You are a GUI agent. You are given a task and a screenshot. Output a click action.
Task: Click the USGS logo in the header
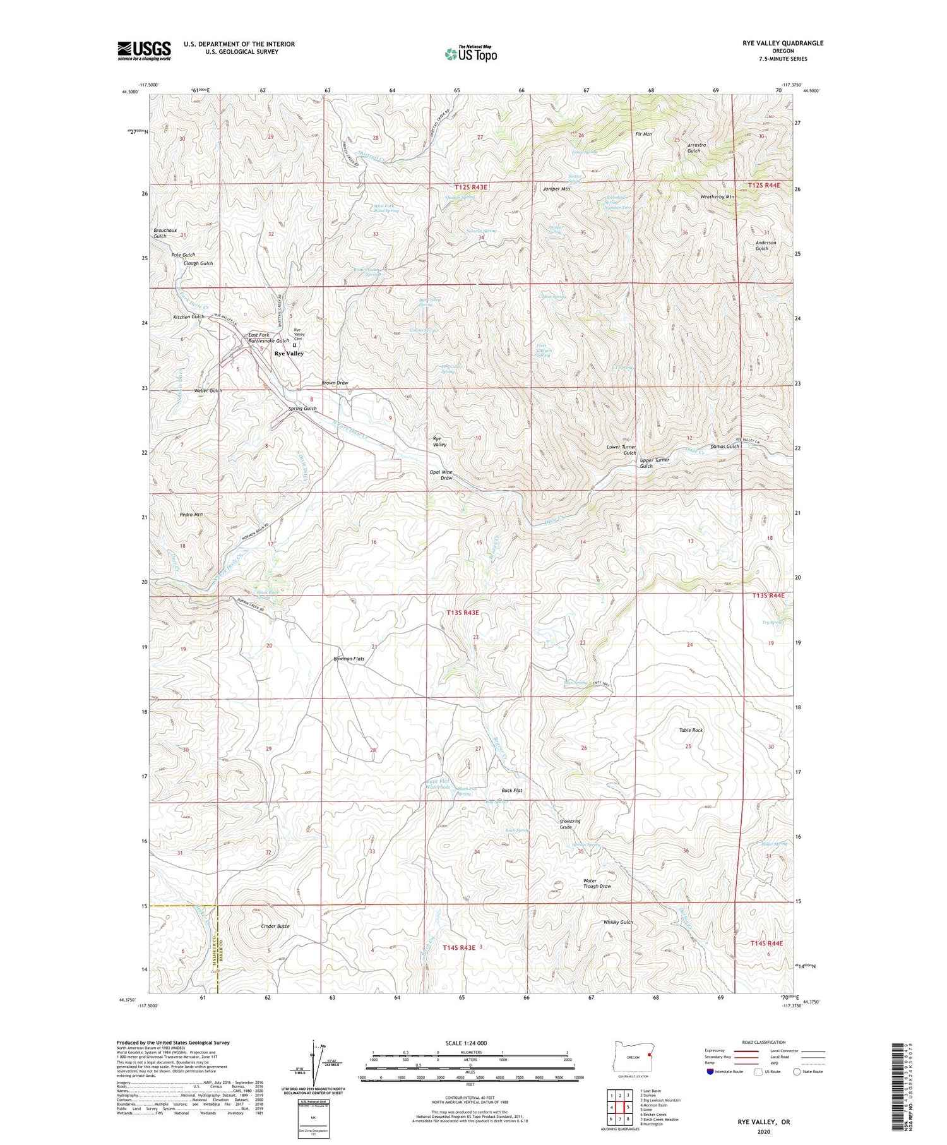[144, 51]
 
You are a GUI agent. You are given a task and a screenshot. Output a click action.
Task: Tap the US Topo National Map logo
[470, 54]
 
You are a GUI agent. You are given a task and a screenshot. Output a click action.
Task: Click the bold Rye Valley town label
[289, 354]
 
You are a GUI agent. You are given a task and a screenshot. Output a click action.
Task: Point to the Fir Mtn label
[643, 134]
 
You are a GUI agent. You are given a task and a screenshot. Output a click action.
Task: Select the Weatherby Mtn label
[717, 197]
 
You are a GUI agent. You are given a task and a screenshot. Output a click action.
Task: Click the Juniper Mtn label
[556, 189]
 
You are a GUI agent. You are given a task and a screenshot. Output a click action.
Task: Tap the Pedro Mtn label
[191, 515]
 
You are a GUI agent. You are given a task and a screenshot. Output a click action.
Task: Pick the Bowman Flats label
[349, 659]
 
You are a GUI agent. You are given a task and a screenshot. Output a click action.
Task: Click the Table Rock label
[691, 730]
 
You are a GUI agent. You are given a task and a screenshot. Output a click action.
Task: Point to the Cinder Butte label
[275, 926]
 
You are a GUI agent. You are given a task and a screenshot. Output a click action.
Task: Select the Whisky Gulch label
[617, 922]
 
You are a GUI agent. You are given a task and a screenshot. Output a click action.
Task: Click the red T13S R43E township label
[463, 613]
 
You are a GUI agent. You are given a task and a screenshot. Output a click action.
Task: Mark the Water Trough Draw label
[597, 884]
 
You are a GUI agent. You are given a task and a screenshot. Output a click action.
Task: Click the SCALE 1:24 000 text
[466, 1043]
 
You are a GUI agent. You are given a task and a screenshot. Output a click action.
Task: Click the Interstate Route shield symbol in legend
[711, 1072]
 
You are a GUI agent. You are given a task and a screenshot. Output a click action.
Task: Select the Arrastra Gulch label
[696, 148]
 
